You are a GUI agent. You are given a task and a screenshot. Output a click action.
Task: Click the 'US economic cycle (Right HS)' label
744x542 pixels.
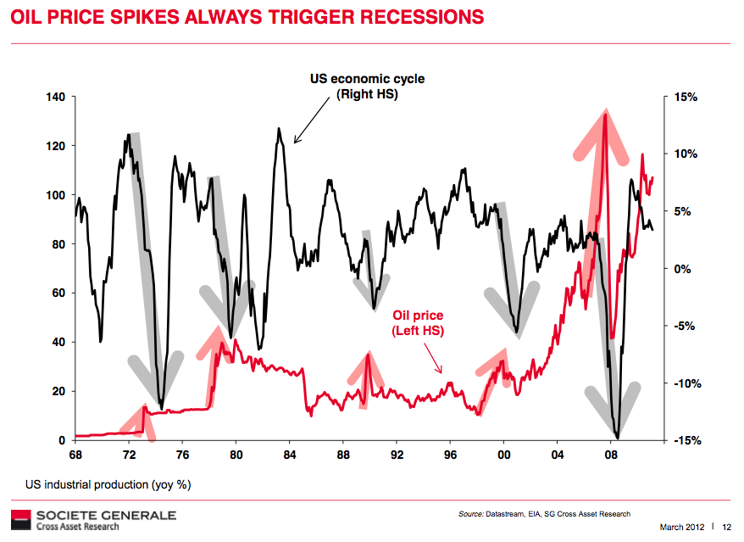pyautogui.click(x=367, y=87)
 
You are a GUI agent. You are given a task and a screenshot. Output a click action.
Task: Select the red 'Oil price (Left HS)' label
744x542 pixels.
pyautogui.click(x=417, y=322)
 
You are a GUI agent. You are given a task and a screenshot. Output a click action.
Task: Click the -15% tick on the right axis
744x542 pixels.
pyautogui.click(x=686, y=440)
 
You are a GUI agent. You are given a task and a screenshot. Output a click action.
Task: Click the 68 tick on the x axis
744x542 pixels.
pyautogui.click(x=75, y=455)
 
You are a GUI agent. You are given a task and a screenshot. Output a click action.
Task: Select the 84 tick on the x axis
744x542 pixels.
pyautogui.click(x=289, y=455)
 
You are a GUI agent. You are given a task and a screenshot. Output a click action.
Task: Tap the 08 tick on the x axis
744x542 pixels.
pyautogui.click(x=611, y=455)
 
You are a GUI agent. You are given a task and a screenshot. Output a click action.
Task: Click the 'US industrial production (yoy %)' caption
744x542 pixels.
pyautogui.click(x=108, y=485)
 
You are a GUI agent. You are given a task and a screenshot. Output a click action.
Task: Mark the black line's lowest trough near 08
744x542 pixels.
pyautogui.click(x=618, y=438)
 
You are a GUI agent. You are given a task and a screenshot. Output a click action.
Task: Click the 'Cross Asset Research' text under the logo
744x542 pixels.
pyautogui.click(x=77, y=526)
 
